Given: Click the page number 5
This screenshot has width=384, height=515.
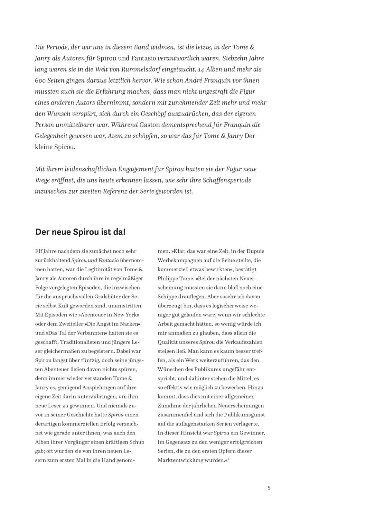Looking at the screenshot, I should pos(269,488).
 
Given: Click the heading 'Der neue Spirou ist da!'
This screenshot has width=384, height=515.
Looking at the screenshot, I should pos(80,232).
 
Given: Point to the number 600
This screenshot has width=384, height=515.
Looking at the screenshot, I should pos(41,80).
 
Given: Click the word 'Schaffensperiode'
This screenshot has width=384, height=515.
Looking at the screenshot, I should pos(227,180).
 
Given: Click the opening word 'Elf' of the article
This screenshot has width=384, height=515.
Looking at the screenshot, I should pos(39,251).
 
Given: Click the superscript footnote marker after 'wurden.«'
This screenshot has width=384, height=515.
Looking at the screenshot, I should pos(228,459).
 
